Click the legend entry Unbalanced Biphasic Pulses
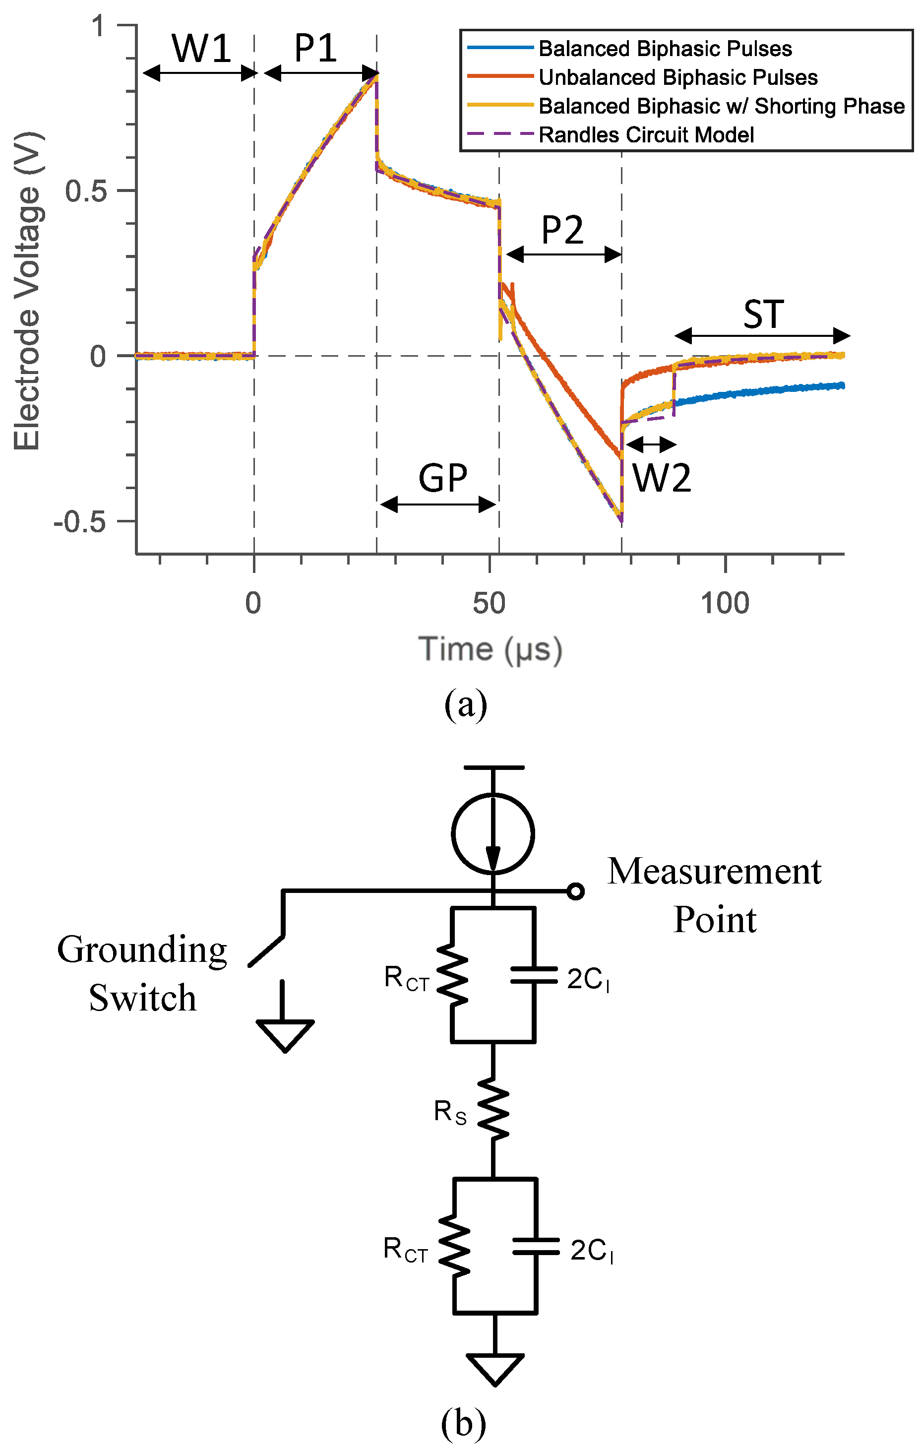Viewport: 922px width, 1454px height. (x=677, y=77)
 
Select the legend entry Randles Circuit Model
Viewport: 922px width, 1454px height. (x=646, y=134)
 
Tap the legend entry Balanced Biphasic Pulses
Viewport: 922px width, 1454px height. (x=665, y=48)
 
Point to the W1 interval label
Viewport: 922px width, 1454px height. (x=202, y=48)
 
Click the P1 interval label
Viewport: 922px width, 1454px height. (x=315, y=48)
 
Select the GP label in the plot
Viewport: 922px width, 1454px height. (x=442, y=478)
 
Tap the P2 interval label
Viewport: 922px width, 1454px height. (x=562, y=230)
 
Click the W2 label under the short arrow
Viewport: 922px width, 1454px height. (x=661, y=478)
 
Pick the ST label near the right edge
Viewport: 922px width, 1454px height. (x=763, y=315)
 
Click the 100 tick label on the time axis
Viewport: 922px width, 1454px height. (x=725, y=603)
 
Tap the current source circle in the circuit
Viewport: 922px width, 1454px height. (x=492, y=833)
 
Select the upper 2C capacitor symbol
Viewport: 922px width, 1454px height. (x=534, y=976)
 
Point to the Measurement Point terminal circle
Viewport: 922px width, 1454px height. (x=576, y=891)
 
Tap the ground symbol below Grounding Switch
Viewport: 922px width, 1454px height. (x=284, y=1034)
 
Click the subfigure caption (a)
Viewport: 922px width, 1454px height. (x=465, y=704)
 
